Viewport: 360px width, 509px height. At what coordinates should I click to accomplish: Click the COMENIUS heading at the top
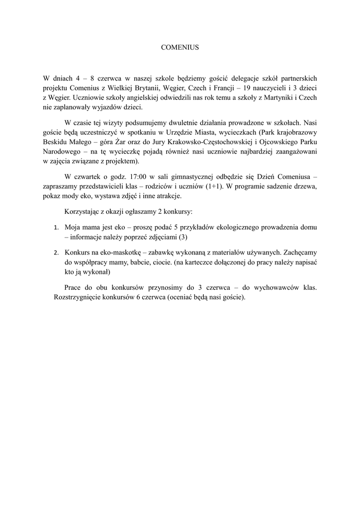tap(180, 48)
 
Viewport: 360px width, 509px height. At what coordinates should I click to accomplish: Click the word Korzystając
tap(84, 211)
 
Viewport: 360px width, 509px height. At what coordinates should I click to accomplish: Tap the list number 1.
tap(56, 227)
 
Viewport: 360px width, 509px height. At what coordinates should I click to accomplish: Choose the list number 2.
tap(56, 252)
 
